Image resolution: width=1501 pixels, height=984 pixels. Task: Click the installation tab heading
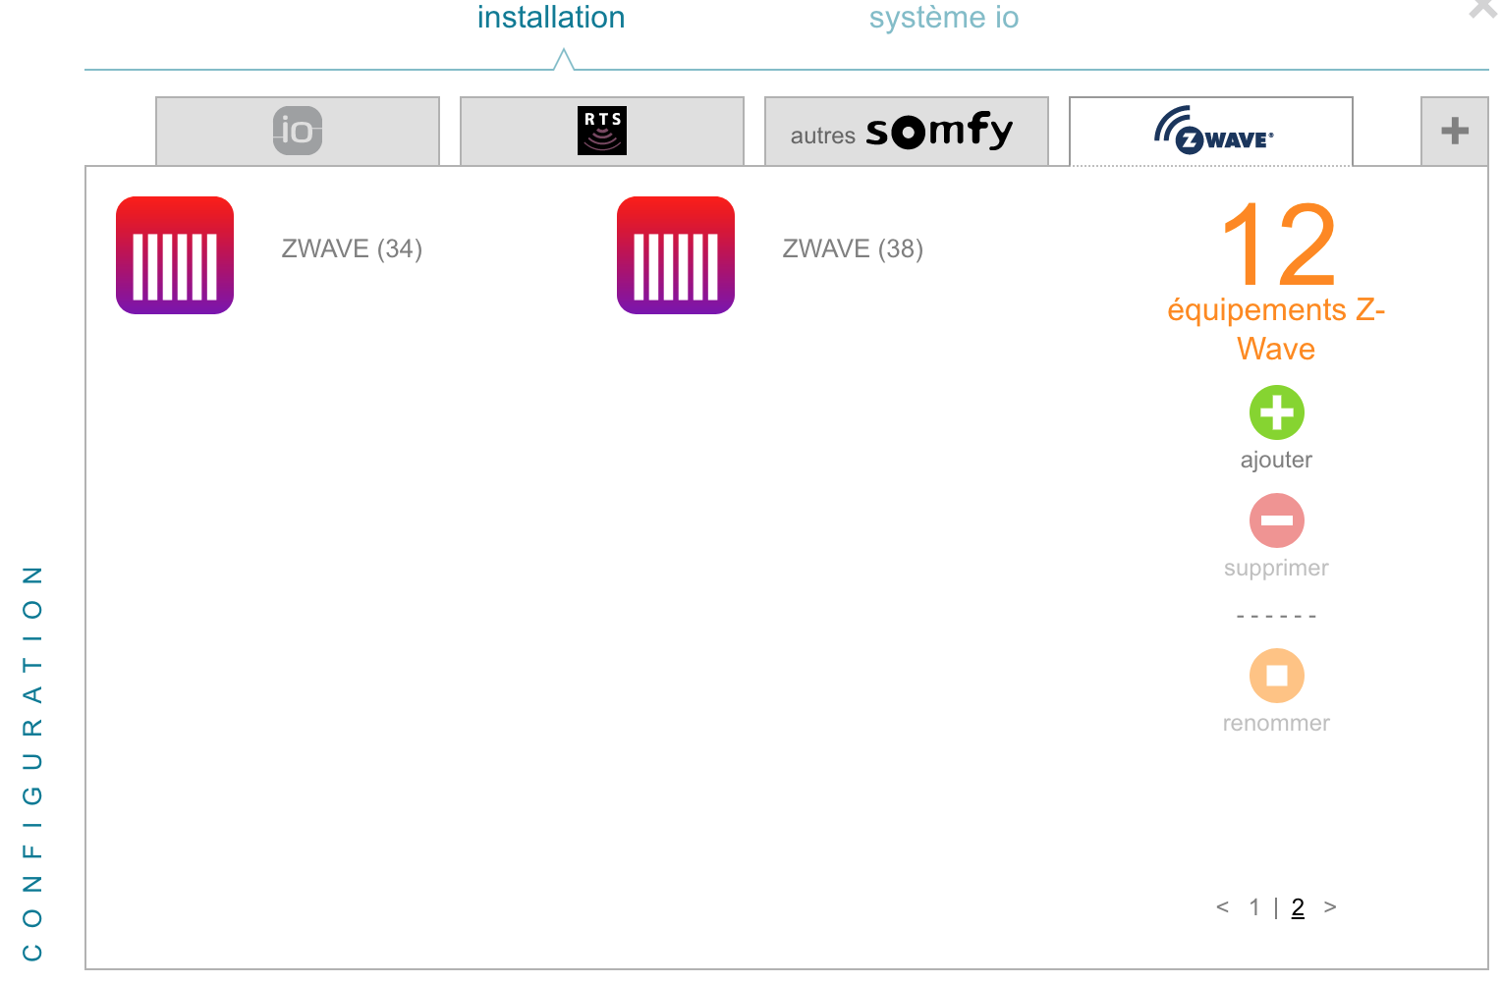[x=551, y=18]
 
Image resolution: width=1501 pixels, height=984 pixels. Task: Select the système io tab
[x=943, y=18]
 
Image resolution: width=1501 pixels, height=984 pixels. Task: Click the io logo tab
[x=298, y=131]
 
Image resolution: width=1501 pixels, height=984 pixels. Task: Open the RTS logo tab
[x=602, y=131]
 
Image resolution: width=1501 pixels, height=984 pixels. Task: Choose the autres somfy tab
[x=906, y=132]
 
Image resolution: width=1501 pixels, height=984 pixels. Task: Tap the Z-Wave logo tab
[x=1211, y=132]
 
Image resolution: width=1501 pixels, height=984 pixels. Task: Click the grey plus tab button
[x=1454, y=131]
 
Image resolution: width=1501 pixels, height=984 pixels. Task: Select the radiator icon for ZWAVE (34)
[x=175, y=255]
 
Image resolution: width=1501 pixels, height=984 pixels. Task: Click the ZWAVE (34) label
[x=352, y=248]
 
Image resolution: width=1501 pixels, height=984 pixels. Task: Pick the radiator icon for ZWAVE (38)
[x=676, y=255]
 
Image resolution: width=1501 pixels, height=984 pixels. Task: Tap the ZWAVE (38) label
[x=853, y=248]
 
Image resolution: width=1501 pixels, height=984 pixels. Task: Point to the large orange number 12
[x=1277, y=243]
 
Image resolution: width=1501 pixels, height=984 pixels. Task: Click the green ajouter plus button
[x=1276, y=412]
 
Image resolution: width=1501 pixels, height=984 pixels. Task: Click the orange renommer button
[x=1276, y=676]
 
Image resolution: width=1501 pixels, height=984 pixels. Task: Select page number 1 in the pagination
[x=1254, y=907]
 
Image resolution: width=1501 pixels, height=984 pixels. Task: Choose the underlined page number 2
[x=1298, y=907]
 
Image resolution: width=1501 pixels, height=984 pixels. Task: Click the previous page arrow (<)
[x=1222, y=907]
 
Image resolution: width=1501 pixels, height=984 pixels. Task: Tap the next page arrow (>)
[x=1330, y=907]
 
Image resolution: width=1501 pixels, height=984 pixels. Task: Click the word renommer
[x=1276, y=724]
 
